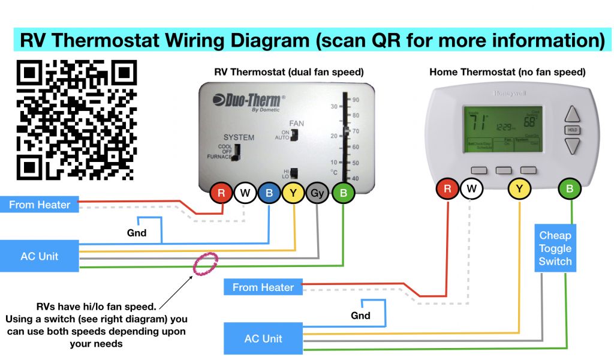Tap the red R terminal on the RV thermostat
click(221, 193)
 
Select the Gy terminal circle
click(318, 193)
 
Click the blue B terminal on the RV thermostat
click(269, 193)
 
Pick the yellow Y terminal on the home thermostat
click(519, 190)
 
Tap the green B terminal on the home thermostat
click(568, 190)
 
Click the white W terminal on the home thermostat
click(472, 190)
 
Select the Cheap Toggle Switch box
click(555, 248)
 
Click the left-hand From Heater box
click(40, 205)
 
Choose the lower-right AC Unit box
click(263, 339)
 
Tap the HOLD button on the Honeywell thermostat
click(572, 130)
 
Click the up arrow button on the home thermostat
click(573, 114)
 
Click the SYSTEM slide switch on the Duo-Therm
click(236, 152)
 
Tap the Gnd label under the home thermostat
click(360, 315)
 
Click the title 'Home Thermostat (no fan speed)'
click(507, 72)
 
